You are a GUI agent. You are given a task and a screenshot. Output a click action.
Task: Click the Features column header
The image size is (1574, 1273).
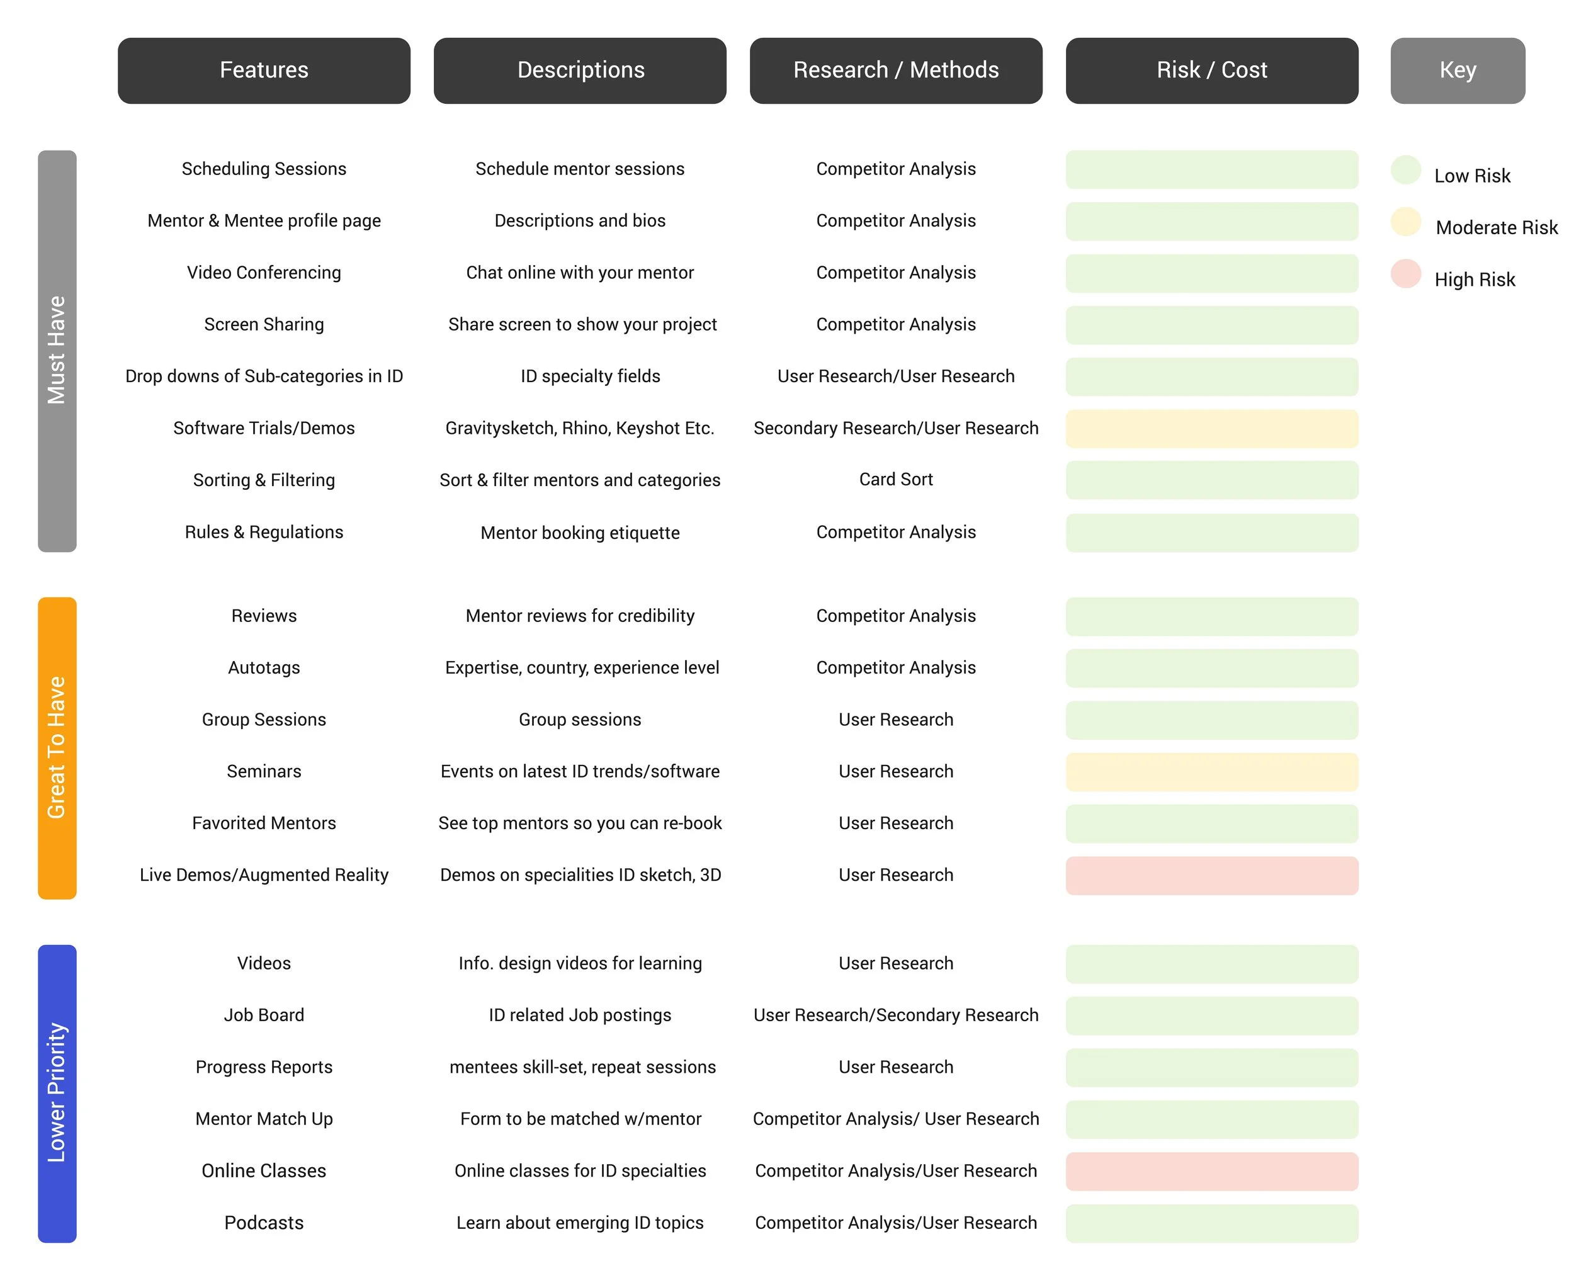[264, 71]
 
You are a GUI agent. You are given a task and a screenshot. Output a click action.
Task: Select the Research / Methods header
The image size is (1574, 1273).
[895, 71]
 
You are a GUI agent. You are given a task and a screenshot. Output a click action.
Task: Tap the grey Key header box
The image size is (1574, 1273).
[1457, 71]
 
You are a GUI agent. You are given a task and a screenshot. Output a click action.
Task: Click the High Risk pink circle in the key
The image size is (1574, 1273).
[1405, 273]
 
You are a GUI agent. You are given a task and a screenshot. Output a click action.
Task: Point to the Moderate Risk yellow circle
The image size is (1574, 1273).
[1405, 222]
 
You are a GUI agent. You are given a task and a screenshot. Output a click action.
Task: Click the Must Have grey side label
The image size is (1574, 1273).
[57, 351]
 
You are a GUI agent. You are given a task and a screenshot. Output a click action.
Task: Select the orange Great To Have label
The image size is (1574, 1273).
[57, 747]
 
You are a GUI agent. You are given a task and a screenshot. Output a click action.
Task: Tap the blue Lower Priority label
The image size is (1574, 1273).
[57, 1092]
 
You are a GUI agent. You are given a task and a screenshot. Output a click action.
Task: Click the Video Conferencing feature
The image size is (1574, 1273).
[264, 273]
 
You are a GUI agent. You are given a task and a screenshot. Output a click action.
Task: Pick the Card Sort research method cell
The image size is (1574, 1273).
[895, 480]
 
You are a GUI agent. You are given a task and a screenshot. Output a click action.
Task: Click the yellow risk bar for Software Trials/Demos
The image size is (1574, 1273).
[1211, 428]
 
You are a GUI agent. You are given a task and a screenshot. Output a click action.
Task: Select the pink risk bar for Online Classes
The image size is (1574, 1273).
[1211, 1171]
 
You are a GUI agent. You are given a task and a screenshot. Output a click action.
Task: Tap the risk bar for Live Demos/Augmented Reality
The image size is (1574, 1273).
[1211, 876]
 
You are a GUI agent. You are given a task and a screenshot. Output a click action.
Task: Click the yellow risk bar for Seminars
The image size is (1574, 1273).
[1211, 771]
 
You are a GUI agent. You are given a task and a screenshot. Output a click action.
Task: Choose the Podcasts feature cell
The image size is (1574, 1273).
[264, 1223]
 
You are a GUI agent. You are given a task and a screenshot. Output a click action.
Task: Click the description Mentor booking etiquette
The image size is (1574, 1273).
[580, 533]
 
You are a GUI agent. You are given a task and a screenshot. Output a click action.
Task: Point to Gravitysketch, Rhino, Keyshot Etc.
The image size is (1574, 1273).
[580, 428]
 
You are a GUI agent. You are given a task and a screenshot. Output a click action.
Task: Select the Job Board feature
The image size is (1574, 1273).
[264, 1015]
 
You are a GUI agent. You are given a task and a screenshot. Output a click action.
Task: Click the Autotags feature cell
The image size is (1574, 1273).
[264, 668]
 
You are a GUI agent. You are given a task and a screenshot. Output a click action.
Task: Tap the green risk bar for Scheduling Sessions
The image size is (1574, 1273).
[1211, 169]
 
